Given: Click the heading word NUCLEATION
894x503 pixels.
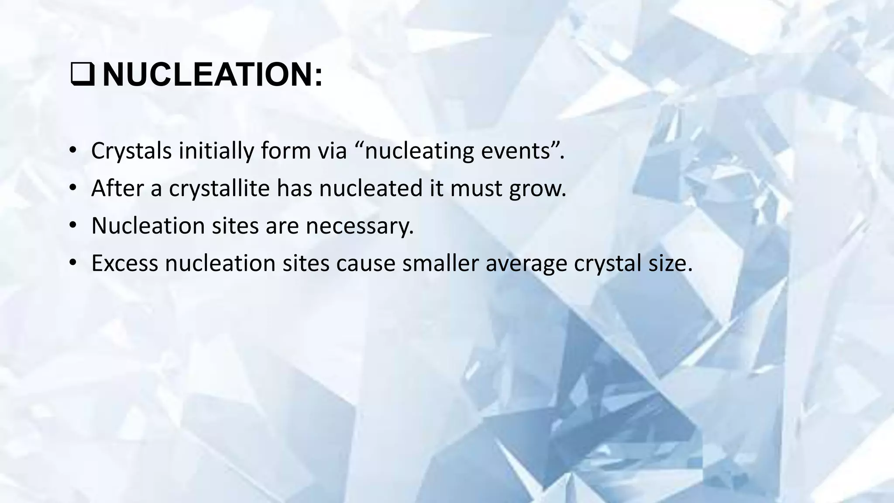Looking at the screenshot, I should pos(206,75).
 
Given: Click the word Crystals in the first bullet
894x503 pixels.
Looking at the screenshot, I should pos(131,151).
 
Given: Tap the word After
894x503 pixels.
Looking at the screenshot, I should pos(117,189).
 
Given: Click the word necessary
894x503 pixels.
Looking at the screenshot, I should pos(359,226).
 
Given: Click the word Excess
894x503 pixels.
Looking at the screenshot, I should pos(124,263).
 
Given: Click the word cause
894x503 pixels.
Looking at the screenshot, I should pos(365,263).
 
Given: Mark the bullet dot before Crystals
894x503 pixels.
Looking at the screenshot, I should pos(72,151).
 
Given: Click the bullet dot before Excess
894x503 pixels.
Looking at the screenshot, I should pos(72,263).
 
